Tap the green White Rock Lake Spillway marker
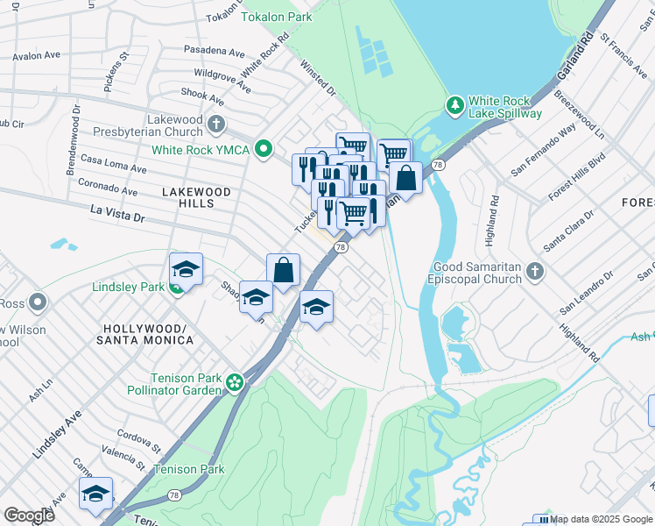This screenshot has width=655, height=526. (x=454, y=107)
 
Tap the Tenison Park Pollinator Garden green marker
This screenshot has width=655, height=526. (x=234, y=381)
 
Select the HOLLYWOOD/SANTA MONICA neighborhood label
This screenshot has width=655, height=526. (x=141, y=333)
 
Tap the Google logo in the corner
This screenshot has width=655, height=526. (x=29, y=515)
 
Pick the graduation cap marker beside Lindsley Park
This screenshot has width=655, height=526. (x=186, y=269)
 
